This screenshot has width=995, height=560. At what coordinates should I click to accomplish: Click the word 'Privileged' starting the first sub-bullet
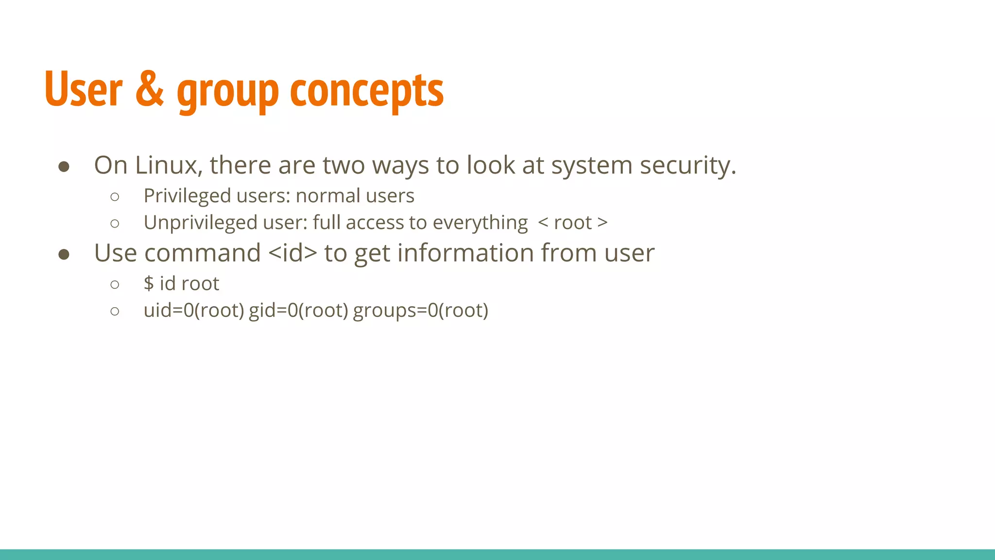point(187,196)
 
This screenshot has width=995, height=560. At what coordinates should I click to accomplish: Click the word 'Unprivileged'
point(200,223)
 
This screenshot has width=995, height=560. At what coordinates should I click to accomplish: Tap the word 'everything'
point(480,223)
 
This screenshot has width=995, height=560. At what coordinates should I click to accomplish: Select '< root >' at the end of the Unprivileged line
point(573,223)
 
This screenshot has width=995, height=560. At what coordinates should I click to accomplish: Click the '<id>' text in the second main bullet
point(292,253)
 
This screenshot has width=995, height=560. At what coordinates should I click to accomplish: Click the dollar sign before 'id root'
point(149,283)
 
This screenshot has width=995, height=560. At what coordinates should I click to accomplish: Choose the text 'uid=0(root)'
point(194,310)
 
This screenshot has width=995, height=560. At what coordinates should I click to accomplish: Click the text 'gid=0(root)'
point(298,310)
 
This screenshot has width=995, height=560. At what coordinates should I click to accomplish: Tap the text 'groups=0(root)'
point(420,310)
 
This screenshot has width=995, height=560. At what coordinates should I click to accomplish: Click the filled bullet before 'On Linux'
point(64,167)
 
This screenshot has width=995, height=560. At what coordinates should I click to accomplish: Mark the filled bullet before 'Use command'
point(64,255)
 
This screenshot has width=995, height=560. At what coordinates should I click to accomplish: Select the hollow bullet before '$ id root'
point(115,284)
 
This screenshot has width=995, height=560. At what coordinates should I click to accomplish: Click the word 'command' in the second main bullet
point(202,253)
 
